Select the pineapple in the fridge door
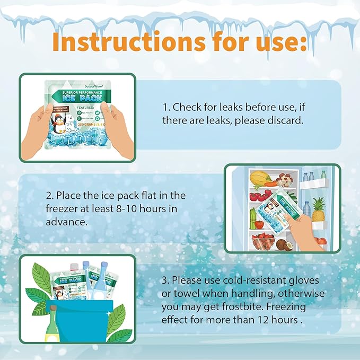tap(318, 210)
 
